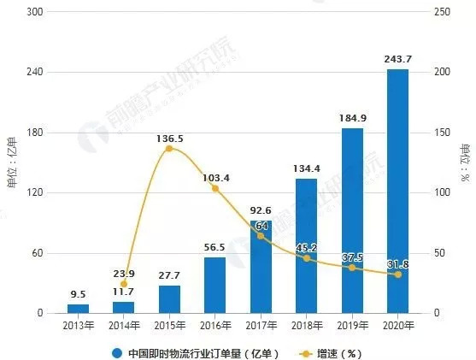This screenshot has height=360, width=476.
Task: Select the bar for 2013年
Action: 78,309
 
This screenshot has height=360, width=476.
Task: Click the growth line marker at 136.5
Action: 169,149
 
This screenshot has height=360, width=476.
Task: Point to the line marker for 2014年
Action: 124,284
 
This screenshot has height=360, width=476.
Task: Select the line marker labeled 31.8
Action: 397,274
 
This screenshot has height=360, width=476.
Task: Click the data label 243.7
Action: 397,59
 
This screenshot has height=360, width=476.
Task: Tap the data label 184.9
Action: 352,118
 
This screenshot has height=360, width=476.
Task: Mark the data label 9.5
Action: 78,293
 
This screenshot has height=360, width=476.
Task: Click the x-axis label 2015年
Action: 169,326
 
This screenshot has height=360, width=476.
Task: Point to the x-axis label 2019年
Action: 352,326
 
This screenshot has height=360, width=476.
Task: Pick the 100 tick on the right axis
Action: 443,193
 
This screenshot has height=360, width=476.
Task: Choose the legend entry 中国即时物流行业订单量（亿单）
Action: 197,351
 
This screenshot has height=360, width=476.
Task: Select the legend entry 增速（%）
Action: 338,351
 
